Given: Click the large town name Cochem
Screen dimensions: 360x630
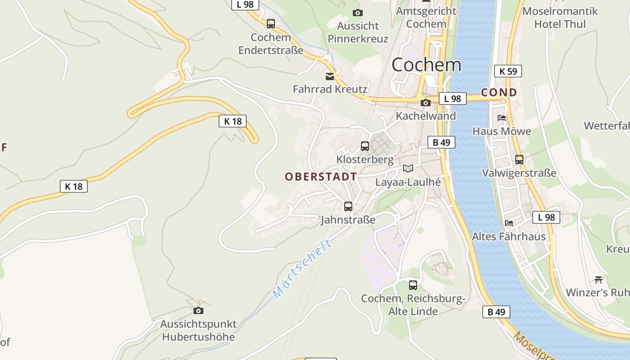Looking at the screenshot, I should (x=426, y=65).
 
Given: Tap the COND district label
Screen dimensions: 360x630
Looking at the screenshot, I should (x=499, y=93).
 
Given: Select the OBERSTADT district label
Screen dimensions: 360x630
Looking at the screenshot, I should (x=321, y=177).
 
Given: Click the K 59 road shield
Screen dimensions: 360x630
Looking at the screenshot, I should (x=508, y=71).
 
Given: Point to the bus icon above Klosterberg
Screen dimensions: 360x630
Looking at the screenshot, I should (x=365, y=146).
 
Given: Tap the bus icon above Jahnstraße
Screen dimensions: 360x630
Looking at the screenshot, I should (x=348, y=207).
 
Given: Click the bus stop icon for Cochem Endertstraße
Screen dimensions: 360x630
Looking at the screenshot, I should (x=271, y=24).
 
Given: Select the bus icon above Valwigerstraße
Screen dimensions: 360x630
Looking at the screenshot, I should (x=519, y=159).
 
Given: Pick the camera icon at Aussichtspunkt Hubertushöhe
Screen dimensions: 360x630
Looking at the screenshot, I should (x=198, y=310).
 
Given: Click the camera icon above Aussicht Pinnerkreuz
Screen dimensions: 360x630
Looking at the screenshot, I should (x=358, y=13).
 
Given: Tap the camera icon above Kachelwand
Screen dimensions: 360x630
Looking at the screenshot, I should (x=425, y=103).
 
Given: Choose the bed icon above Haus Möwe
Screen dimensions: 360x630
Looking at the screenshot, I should (x=502, y=118).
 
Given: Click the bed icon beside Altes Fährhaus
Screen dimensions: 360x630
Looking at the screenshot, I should (x=509, y=223).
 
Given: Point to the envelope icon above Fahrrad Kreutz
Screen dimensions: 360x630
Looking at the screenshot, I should (x=330, y=76).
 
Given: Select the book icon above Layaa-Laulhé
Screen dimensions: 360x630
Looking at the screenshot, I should (x=408, y=169).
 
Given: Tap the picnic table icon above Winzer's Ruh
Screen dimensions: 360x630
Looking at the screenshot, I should (x=598, y=279).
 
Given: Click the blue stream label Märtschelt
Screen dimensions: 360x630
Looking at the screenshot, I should (x=302, y=269).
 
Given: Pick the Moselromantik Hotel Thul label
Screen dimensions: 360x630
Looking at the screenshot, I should (x=560, y=18).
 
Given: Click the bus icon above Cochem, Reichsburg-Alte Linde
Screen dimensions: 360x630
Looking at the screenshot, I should (x=413, y=285).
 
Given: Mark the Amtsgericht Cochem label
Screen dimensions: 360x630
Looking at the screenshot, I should (x=426, y=17).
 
